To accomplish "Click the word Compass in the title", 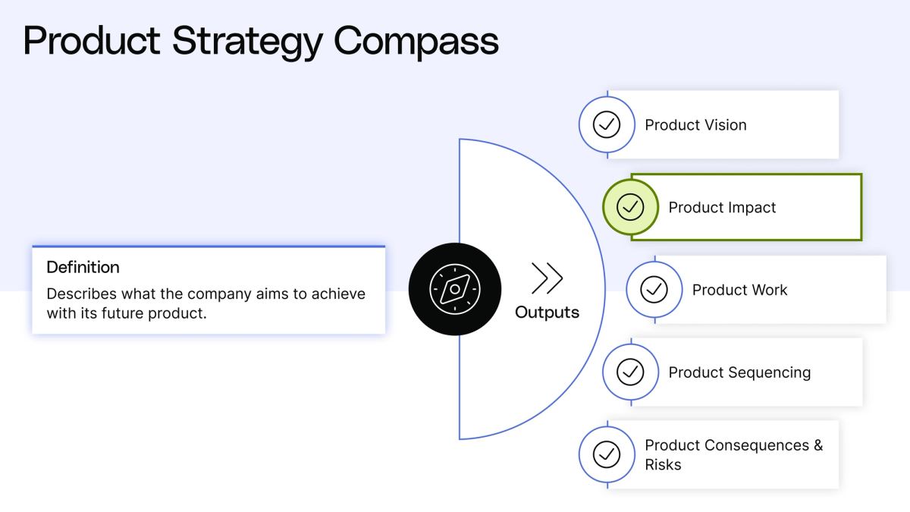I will tap(416, 41).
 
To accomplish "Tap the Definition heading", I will tap(83, 267).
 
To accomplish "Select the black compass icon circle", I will tap(454, 289).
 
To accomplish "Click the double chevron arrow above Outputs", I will tap(547, 278).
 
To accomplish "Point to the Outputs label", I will tap(547, 312).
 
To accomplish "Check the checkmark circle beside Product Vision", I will tap(606, 124).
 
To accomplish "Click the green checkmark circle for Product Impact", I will tap(630, 206).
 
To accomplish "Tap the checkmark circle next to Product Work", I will tap(654, 289).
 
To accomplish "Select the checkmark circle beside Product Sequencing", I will tap(630, 372).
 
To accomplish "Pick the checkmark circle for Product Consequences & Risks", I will tap(606, 454).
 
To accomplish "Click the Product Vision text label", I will tap(695, 125).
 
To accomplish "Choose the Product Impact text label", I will tap(722, 207).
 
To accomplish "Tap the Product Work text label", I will tap(739, 290).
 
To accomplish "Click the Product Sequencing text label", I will tap(739, 372).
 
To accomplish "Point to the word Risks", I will tap(663, 465).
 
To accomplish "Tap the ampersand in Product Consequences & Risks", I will tap(817, 445).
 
